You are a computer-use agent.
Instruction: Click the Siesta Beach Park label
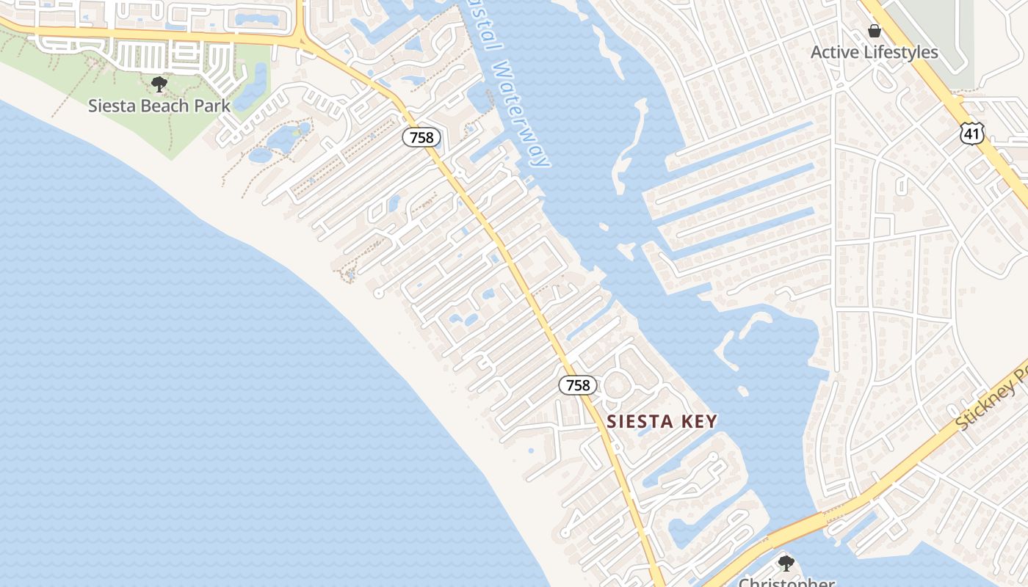coord(159,106)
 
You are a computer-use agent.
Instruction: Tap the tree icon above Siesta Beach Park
coord(159,84)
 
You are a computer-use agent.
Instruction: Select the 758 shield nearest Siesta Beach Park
coord(421,137)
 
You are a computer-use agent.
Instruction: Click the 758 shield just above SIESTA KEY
coord(578,384)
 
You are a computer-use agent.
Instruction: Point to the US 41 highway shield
coord(971,132)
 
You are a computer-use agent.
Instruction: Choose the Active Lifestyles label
coord(874,52)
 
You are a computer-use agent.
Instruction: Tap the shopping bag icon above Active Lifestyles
coord(874,31)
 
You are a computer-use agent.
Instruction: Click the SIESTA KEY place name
coord(662,421)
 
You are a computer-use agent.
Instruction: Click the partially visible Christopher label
coord(786,583)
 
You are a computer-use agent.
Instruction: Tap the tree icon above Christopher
coord(786,564)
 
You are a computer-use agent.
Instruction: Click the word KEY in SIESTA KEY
coord(699,421)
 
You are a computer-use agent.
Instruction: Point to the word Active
coord(835,52)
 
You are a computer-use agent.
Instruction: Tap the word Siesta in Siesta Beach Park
coord(110,106)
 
